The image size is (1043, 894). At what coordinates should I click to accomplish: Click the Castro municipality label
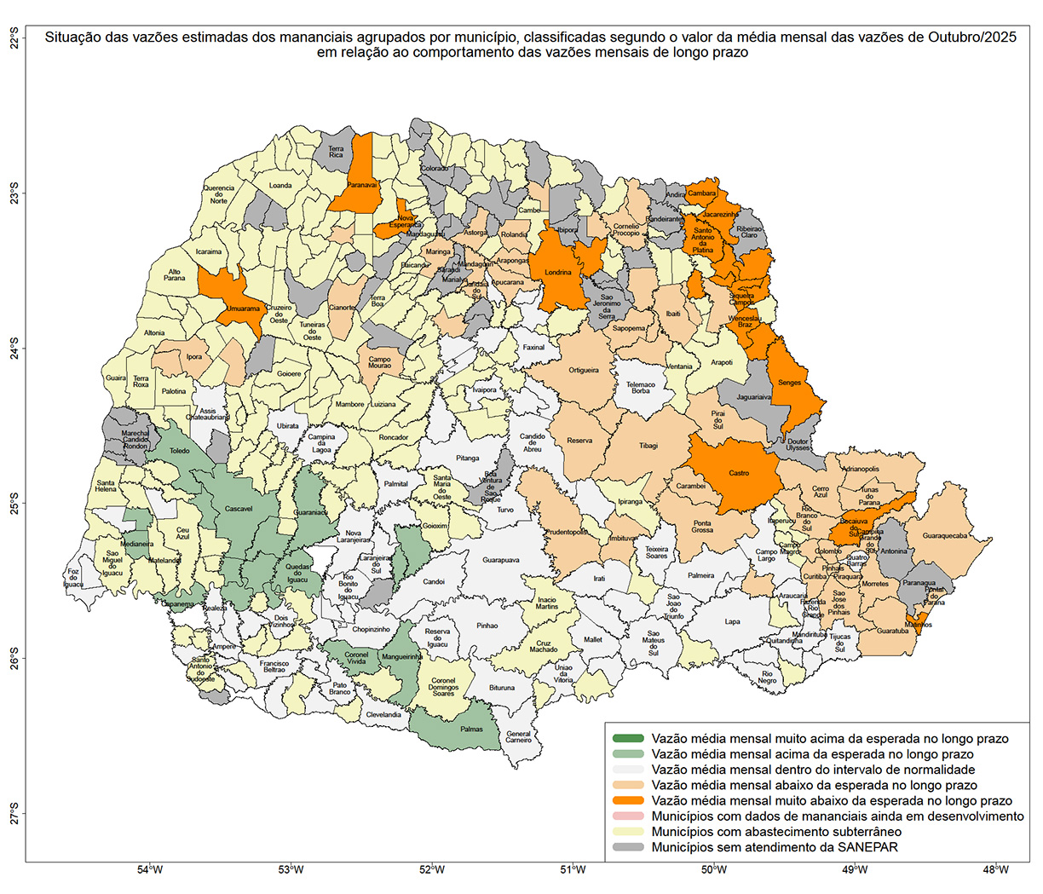pos(739,473)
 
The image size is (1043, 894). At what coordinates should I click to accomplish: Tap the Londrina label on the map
pos(558,274)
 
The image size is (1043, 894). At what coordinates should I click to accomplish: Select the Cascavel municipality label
pos(239,509)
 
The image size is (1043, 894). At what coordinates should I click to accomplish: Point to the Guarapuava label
pos(500,560)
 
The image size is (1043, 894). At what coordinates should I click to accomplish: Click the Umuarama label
pos(244,309)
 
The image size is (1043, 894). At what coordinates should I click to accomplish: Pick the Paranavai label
pos(362,184)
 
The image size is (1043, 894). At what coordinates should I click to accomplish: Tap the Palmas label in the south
pos(471,729)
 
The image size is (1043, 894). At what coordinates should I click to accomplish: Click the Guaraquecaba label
pos(944,536)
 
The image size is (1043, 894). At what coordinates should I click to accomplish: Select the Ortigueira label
pos(584,370)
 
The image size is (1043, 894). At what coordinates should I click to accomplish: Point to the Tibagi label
pos(648,445)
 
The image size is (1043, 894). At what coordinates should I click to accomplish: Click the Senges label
pos(789,383)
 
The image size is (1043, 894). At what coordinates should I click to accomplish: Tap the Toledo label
pos(180,451)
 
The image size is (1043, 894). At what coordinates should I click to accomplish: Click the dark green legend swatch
pos(628,739)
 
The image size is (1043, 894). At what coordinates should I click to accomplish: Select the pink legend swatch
pos(628,816)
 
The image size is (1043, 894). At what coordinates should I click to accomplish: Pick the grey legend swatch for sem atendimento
pos(628,847)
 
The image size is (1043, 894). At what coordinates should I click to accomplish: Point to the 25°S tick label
pos(14,503)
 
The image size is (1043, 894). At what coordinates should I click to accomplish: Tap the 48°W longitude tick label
pos(995,870)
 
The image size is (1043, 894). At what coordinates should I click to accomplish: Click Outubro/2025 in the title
pos(969,37)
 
